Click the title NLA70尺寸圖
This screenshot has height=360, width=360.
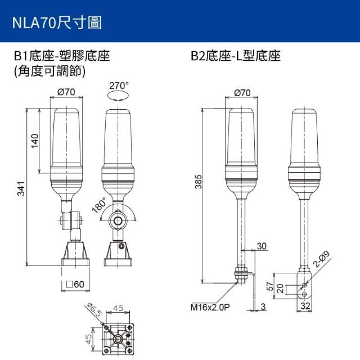pos(57,23)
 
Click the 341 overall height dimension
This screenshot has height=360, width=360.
pos(21,188)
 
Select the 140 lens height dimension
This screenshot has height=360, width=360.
pos(35,141)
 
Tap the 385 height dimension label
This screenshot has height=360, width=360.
pos(199,182)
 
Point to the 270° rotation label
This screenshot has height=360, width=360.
pos(119,85)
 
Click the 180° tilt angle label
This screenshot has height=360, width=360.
pos(100,205)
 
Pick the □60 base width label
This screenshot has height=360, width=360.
pos(75,284)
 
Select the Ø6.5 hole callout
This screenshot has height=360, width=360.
pos(94,310)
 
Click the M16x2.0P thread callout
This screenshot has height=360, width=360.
pos(210,307)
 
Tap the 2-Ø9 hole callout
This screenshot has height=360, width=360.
pos(321,259)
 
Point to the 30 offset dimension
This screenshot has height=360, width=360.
pos(262,246)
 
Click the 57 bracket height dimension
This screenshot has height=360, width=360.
pos(271,286)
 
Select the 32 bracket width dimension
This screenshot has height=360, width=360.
pos(305,306)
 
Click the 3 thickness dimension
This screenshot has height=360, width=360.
pos(263,307)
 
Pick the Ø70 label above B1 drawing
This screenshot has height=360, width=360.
pos(66,92)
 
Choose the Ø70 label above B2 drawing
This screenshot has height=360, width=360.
pos(242,93)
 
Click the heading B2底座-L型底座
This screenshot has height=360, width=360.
pos(236,56)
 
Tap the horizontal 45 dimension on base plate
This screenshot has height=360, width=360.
pos(118,308)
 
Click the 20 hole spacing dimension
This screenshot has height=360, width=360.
pos(280,289)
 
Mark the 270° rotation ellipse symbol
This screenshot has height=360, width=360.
pos(118,96)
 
